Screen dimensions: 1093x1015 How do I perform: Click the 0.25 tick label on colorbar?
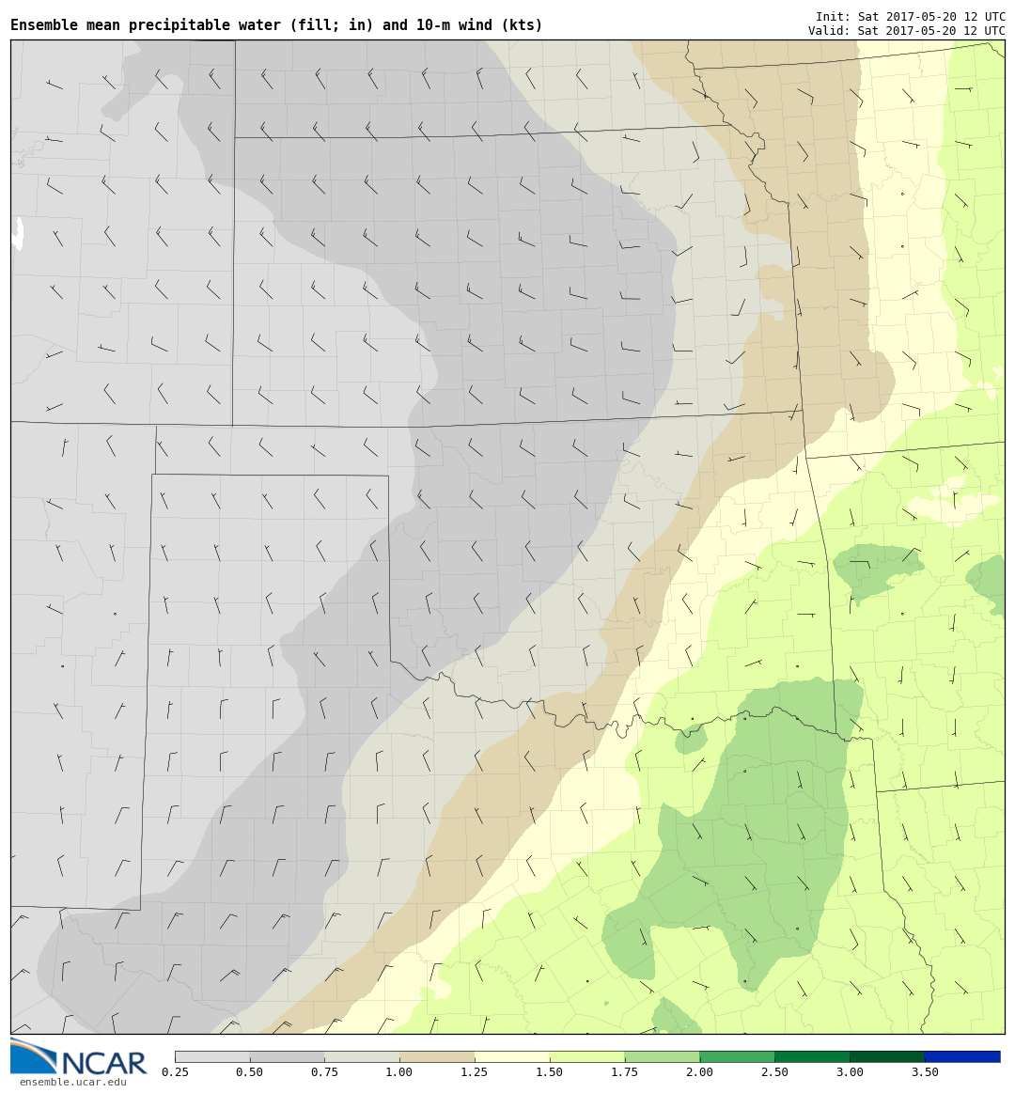[x=174, y=1072]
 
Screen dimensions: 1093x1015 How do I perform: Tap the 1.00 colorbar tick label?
[x=399, y=1072]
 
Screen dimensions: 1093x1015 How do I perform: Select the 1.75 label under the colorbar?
[x=624, y=1072]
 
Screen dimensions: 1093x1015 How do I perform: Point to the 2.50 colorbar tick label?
[x=774, y=1072]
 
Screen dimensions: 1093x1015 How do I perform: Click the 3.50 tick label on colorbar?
[x=925, y=1072]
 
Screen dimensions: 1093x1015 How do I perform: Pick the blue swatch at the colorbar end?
[x=962, y=1056]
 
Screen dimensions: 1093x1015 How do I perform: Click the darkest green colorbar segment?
[x=887, y=1056]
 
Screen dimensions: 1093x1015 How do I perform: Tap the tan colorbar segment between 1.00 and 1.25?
[x=437, y=1056]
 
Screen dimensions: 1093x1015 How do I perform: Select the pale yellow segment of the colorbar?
[x=512, y=1056]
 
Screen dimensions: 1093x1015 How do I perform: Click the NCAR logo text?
[x=104, y=1063]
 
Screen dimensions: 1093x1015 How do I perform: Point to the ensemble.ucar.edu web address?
[x=72, y=1083]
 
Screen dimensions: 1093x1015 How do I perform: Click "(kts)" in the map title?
[x=522, y=25]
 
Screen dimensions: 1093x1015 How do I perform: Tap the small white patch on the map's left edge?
[x=17, y=233]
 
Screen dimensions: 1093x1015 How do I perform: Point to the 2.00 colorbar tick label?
[x=699, y=1072]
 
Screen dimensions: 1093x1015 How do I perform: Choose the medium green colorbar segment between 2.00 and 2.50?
[x=737, y=1056]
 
